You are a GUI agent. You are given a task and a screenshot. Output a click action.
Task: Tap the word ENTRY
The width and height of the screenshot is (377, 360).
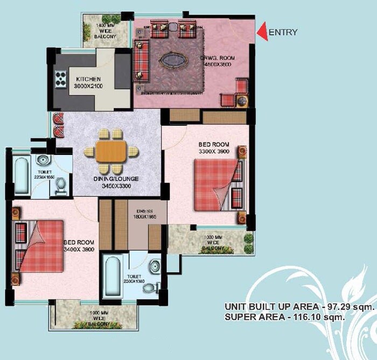tap(283, 32)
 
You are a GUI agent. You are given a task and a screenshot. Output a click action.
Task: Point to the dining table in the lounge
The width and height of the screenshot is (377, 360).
tap(111, 151)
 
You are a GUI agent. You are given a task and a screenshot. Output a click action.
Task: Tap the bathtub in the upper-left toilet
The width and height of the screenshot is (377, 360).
tap(22, 175)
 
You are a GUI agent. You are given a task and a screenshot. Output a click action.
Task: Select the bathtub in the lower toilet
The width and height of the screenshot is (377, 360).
tap(113, 276)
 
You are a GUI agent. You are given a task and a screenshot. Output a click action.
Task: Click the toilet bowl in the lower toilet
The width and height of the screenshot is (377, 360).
tap(149, 287)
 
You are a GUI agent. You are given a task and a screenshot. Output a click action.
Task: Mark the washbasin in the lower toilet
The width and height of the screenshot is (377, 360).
tap(155, 266)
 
